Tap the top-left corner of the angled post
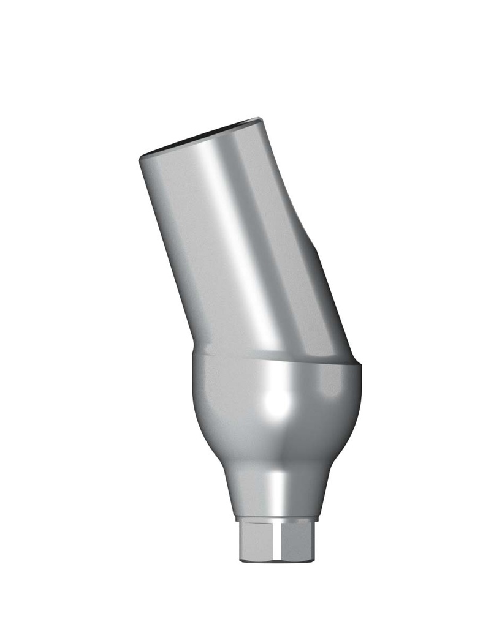tap(141, 158)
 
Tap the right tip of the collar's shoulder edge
tap(360, 366)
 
